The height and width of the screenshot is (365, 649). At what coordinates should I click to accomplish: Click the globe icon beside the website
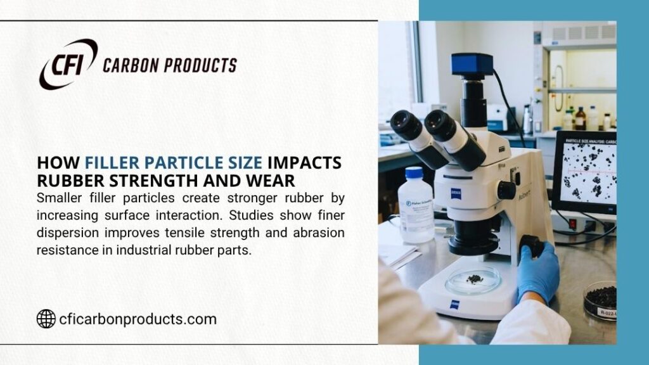tap(46, 319)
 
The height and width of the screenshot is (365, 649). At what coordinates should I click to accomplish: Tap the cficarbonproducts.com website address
tap(137, 319)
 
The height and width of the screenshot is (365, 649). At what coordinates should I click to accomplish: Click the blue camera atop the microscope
tap(472, 64)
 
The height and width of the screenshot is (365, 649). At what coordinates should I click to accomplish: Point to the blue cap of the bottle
tap(413, 172)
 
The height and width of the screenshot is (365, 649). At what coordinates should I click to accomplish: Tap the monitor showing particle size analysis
tap(584, 171)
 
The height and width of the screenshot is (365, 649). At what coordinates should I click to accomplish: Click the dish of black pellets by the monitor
tap(600, 298)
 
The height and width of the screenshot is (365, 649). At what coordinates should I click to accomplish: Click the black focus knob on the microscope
tap(506, 190)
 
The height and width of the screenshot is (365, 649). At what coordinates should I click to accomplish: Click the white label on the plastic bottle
tap(416, 210)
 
